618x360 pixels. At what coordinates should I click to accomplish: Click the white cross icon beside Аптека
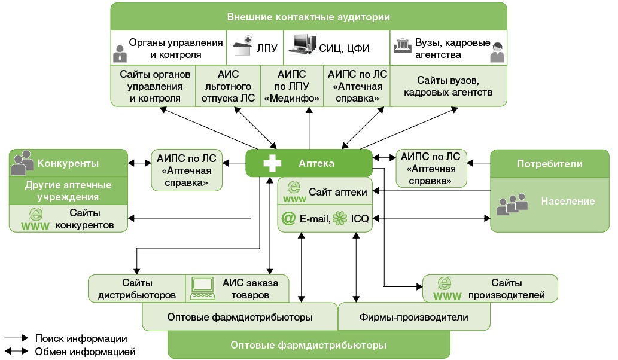(x=272, y=163)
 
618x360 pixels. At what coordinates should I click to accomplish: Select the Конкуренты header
(x=68, y=163)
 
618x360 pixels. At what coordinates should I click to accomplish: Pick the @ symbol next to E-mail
(x=288, y=219)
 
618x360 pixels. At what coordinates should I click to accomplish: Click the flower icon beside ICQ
(x=340, y=219)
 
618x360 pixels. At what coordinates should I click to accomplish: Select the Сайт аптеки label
(x=338, y=192)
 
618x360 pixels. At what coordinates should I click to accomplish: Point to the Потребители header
(x=550, y=163)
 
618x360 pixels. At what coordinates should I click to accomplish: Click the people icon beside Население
(x=512, y=203)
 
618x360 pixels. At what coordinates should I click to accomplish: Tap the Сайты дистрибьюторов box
(x=136, y=288)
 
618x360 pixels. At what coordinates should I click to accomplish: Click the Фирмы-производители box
(x=413, y=317)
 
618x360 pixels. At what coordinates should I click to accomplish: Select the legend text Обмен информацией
(x=85, y=351)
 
